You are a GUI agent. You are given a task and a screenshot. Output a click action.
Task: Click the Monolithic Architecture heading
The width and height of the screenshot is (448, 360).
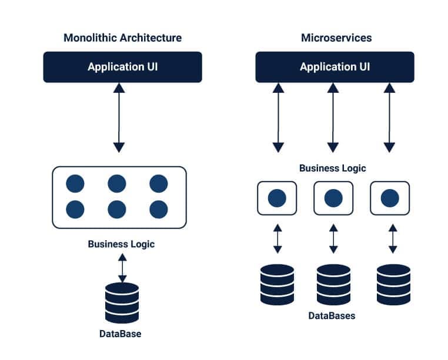pyautogui.click(x=122, y=38)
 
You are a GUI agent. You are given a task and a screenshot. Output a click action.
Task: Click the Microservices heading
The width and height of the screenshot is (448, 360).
pyautogui.click(x=336, y=38)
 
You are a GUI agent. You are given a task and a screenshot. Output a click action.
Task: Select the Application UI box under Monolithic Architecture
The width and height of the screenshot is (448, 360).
pyautogui.click(x=122, y=67)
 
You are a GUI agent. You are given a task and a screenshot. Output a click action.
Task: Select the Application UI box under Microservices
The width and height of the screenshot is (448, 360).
pyautogui.click(x=335, y=67)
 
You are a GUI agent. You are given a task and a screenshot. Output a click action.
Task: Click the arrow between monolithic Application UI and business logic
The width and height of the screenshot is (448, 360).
pyautogui.click(x=119, y=117)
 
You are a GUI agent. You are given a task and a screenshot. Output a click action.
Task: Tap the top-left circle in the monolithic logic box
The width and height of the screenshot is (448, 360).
pyautogui.click(x=75, y=184)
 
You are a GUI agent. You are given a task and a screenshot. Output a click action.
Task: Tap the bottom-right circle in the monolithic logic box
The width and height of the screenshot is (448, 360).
pyautogui.click(x=159, y=209)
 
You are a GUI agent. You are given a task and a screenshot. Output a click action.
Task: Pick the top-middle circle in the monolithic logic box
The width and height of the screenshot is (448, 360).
pyautogui.click(x=117, y=184)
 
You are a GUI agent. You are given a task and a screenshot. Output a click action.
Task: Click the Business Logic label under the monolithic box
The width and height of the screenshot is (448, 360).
pyautogui.click(x=121, y=244)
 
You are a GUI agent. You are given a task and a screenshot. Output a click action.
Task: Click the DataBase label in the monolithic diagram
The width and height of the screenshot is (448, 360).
pyautogui.click(x=120, y=334)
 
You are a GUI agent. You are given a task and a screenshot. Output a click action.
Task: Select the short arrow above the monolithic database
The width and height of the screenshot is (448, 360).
pyautogui.click(x=122, y=268)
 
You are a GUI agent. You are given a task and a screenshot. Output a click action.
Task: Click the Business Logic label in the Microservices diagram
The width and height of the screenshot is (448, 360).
pyautogui.click(x=332, y=168)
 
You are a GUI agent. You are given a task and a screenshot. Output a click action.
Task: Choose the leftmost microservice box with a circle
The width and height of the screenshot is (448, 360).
pyautogui.click(x=276, y=198)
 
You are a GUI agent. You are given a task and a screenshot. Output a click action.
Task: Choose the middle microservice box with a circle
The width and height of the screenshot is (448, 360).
pyautogui.click(x=333, y=198)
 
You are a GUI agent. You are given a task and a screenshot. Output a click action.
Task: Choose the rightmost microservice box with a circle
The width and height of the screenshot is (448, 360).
pyautogui.click(x=389, y=198)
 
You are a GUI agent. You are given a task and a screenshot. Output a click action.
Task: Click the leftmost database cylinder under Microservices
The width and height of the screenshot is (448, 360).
pyautogui.click(x=276, y=284)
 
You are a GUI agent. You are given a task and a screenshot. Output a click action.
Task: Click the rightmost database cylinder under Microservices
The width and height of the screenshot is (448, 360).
pyautogui.click(x=393, y=284)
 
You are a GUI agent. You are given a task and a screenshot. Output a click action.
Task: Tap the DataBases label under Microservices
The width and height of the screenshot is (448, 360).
pyautogui.click(x=332, y=315)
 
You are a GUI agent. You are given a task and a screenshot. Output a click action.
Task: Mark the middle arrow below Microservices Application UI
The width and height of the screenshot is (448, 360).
pyautogui.click(x=333, y=117)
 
